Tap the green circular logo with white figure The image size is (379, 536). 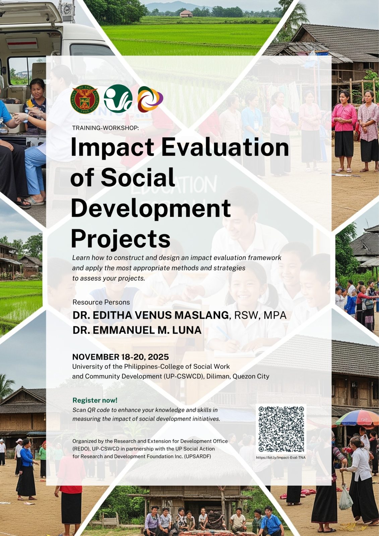118,98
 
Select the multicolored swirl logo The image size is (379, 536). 150,99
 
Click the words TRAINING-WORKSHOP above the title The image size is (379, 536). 105,128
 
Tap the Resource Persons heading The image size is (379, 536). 101,302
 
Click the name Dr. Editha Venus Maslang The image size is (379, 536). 151,315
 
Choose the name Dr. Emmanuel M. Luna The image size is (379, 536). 137,330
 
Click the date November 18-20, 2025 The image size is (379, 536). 120,357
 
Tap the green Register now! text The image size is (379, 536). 95,400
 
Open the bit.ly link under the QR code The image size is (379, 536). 280,458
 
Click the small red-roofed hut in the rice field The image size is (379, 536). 186,13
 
